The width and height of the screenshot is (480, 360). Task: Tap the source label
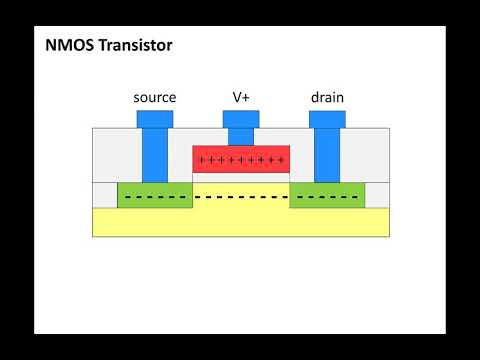(x=155, y=97)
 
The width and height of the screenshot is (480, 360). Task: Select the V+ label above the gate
(x=241, y=97)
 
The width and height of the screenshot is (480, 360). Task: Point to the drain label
(x=327, y=97)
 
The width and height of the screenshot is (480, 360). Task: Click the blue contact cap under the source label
(x=155, y=119)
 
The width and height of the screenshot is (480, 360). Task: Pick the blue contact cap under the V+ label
(x=241, y=119)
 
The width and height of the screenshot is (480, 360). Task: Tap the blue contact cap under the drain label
(x=327, y=119)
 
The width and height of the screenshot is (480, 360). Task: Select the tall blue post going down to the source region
(x=155, y=155)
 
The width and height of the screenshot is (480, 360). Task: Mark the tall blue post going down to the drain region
(x=327, y=155)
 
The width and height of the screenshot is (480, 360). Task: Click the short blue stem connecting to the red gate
(x=241, y=137)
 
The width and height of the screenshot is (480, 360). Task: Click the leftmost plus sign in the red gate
(x=202, y=160)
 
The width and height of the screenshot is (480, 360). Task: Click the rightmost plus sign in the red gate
(x=281, y=160)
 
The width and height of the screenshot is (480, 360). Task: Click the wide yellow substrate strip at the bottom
(x=241, y=222)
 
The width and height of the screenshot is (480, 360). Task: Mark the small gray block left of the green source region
(x=104, y=195)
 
